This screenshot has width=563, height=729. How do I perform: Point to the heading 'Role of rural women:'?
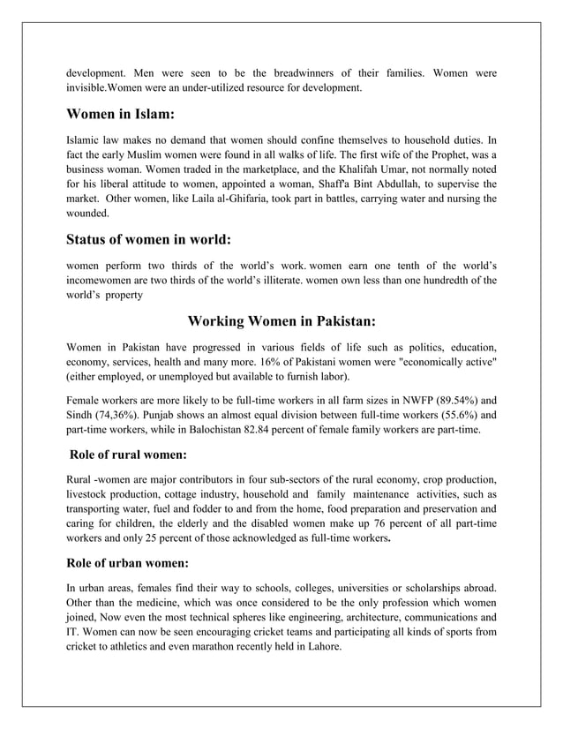pyautogui.click(x=127, y=455)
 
